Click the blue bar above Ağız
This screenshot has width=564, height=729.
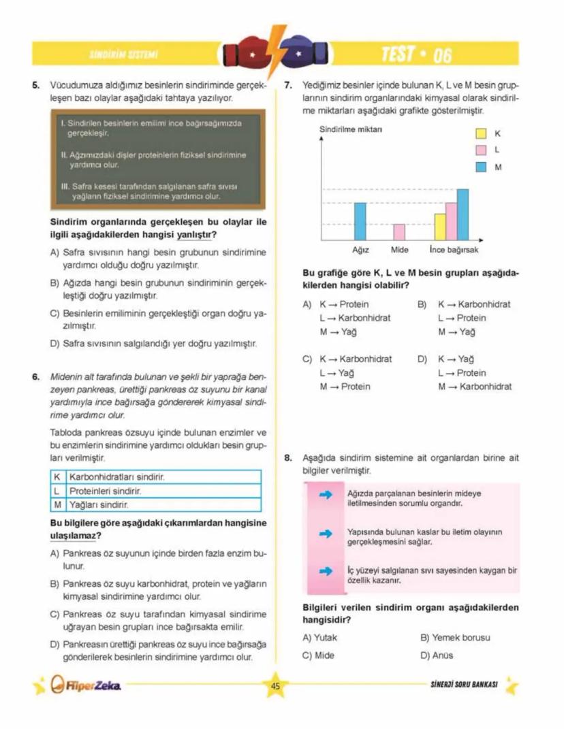click(360, 221)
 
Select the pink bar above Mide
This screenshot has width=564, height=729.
click(399, 232)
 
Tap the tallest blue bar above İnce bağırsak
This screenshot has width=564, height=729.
click(463, 214)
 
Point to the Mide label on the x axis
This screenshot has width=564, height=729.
click(400, 250)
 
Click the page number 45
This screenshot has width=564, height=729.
click(275, 686)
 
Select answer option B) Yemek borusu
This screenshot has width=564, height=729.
click(455, 638)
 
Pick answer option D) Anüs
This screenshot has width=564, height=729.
click(437, 655)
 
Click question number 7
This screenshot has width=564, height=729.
click(288, 86)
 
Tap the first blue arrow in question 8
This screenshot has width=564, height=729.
click(326, 494)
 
